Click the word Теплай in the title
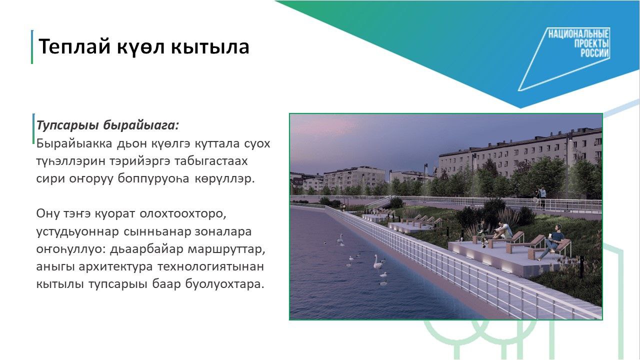[x=74, y=46]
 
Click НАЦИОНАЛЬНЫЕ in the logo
[x=578, y=34]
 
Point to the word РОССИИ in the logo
[x=594, y=53]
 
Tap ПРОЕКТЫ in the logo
[x=591, y=43]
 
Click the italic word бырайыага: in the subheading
[x=141, y=125]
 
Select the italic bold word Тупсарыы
[x=67, y=125]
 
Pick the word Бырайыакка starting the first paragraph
[x=74, y=143]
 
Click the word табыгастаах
[x=211, y=161]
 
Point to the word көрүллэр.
[x=224, y=179]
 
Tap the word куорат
[x=114, y=214]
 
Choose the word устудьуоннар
[x=77, y=231]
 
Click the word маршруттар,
[x=226, y=249]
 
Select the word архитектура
[x=115, y=267]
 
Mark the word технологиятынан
[x=210, y=267]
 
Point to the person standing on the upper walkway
[x=542, y=197]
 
